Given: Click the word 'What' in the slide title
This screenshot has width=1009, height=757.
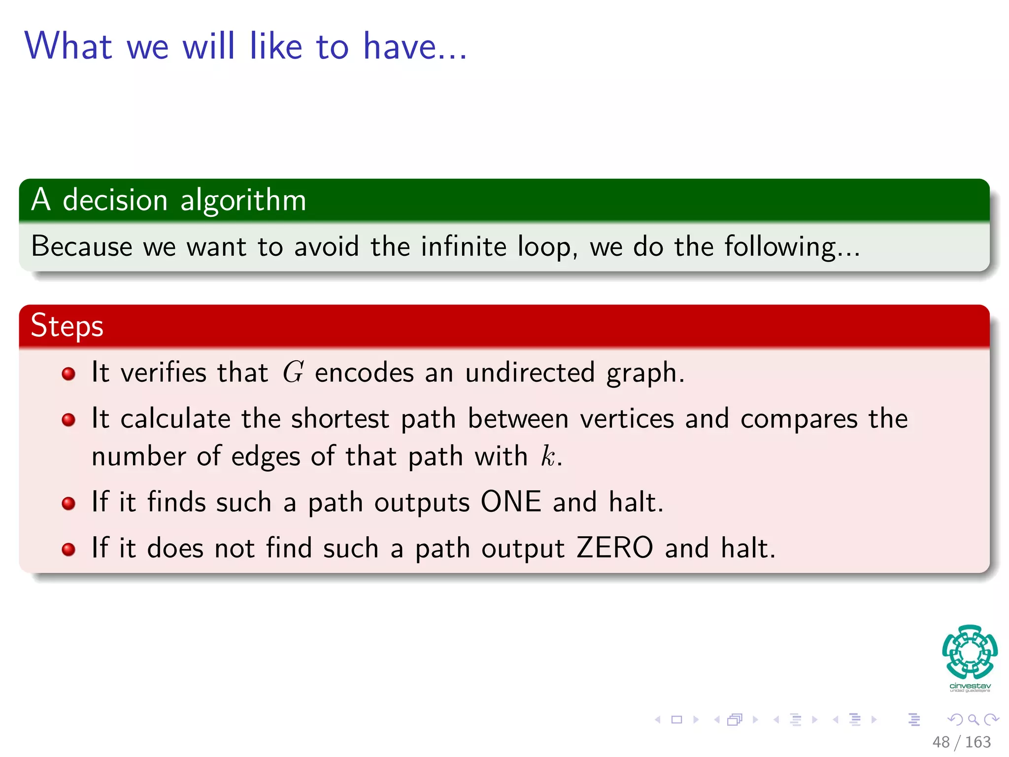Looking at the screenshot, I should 68,46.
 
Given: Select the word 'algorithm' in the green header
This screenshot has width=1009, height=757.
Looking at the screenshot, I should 243,201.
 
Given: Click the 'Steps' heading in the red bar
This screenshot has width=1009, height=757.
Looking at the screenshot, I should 67,326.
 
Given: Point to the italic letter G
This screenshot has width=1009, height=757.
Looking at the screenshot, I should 293,372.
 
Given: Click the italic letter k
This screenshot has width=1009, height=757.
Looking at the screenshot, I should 547,456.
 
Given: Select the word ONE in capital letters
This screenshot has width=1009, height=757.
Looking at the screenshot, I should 511,502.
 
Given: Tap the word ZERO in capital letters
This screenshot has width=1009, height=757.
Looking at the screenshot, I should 614,548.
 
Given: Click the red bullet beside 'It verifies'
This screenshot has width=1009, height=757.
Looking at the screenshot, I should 68,374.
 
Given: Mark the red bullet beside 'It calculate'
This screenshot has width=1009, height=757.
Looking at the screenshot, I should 68,420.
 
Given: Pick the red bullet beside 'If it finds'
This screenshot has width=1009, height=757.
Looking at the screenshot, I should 68,504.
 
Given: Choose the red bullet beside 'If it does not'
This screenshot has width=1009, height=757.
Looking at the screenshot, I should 68,550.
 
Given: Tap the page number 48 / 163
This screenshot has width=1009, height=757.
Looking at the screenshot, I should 961,742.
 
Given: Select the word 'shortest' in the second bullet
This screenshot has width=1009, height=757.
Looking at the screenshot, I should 340,419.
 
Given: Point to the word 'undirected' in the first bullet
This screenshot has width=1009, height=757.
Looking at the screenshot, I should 530,373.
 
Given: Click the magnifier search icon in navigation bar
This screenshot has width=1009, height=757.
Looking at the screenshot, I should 973,720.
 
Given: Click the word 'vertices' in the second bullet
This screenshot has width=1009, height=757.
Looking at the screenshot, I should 627,419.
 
